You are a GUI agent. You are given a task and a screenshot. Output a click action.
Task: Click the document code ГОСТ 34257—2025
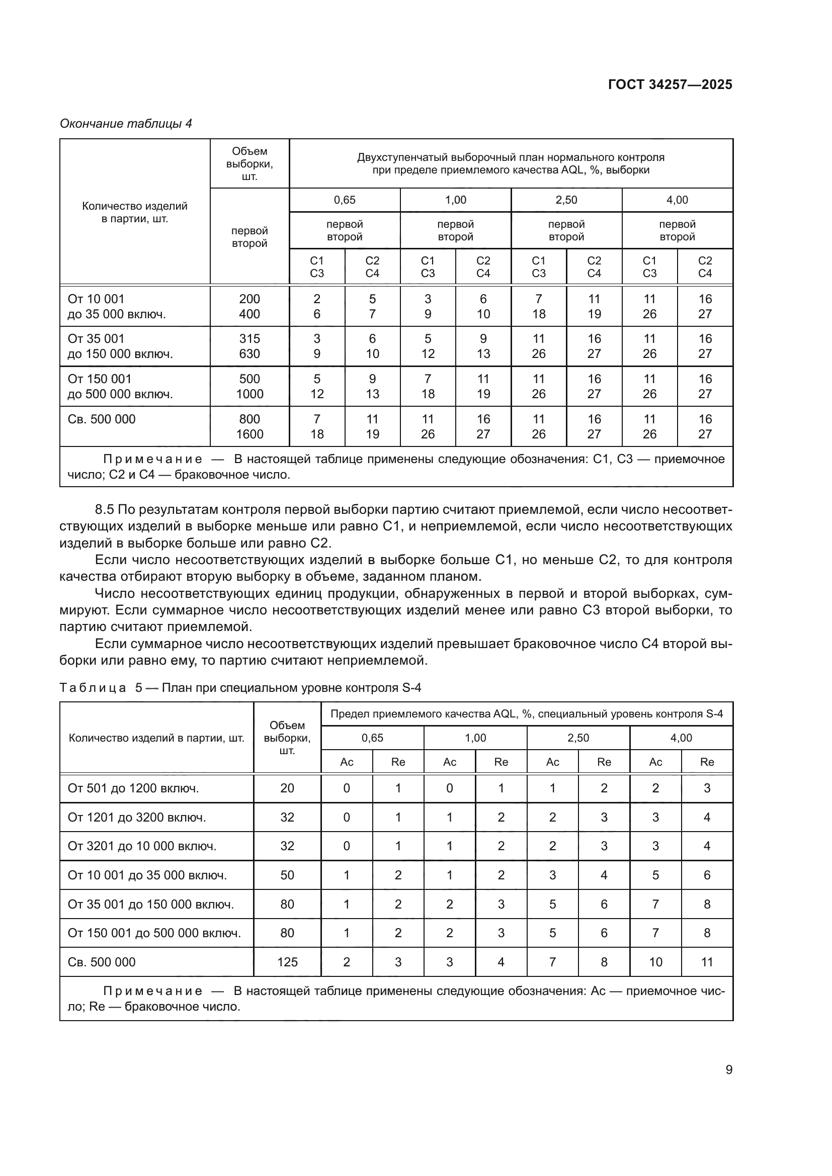point(670,84)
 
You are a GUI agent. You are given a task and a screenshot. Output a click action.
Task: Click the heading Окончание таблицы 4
point(126,124)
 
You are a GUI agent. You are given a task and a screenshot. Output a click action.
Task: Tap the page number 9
point(728,1069)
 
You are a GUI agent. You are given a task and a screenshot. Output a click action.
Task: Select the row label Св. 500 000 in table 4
point(102,419)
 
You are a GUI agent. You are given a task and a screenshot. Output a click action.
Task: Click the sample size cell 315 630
point(249,346)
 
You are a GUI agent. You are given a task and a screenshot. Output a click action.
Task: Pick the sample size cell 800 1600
point(249,427)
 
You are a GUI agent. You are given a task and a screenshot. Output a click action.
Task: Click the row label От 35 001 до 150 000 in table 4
point(120,346)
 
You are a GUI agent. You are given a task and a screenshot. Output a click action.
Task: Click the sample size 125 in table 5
point(287,962)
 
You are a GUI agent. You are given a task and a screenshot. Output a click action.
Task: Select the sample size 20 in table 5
point(287,788)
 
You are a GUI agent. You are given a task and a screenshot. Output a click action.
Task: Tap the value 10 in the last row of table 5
point(655,962)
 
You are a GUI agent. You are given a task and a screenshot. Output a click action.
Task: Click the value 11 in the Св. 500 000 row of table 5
point(706,962)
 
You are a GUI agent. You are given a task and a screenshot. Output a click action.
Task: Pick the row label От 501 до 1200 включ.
point(133,788)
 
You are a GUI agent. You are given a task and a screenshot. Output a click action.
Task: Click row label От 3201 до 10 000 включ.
point(142,846)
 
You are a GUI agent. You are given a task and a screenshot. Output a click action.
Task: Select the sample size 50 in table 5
point(287,875)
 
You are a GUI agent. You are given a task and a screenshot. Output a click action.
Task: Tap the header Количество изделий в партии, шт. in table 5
point(156,738)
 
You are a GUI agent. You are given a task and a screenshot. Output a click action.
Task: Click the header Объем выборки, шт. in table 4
point(249,163)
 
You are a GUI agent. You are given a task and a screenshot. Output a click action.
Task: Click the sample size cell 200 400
point(249,306)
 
